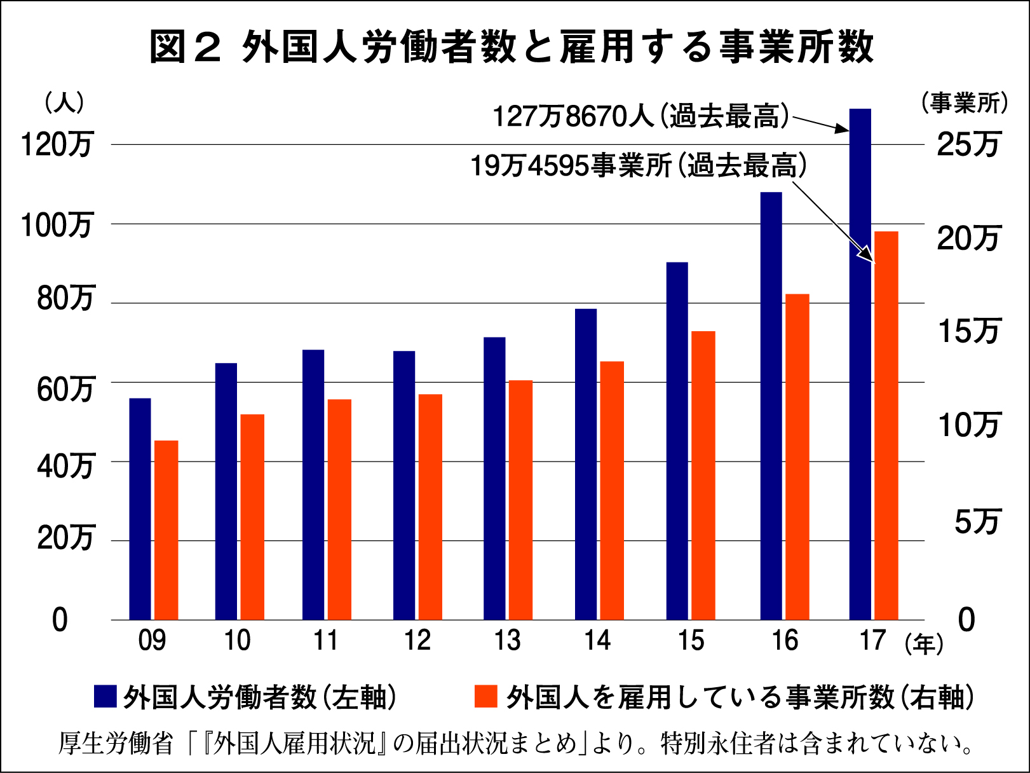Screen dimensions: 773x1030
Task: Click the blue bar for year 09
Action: [x=140, y=509]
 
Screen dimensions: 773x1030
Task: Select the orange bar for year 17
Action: [x=886, y=426]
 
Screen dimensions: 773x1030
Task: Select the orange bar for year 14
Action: [x=612, y=490]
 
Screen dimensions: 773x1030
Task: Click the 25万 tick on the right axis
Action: [x=968, y=145]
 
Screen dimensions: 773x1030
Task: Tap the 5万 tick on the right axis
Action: [x=977, y=522]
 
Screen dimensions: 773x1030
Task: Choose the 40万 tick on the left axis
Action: [x=65, y=467]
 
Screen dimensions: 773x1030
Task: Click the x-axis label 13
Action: [x=507, y=640]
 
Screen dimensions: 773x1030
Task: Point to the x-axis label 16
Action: [x=785, y=640]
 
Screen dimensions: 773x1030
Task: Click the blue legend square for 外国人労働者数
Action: [x=105, y=696]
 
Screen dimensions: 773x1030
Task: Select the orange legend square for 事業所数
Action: [x=485, y=696]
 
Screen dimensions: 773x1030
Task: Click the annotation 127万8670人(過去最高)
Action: [x=640, y=116]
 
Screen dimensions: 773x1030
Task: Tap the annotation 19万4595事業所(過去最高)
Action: [x=638, y=166]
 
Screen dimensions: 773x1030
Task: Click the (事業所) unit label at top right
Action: [x=965, y=103]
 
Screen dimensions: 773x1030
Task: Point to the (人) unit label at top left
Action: [x=64, y=103]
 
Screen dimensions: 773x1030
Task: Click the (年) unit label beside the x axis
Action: [x=924, y=644]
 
